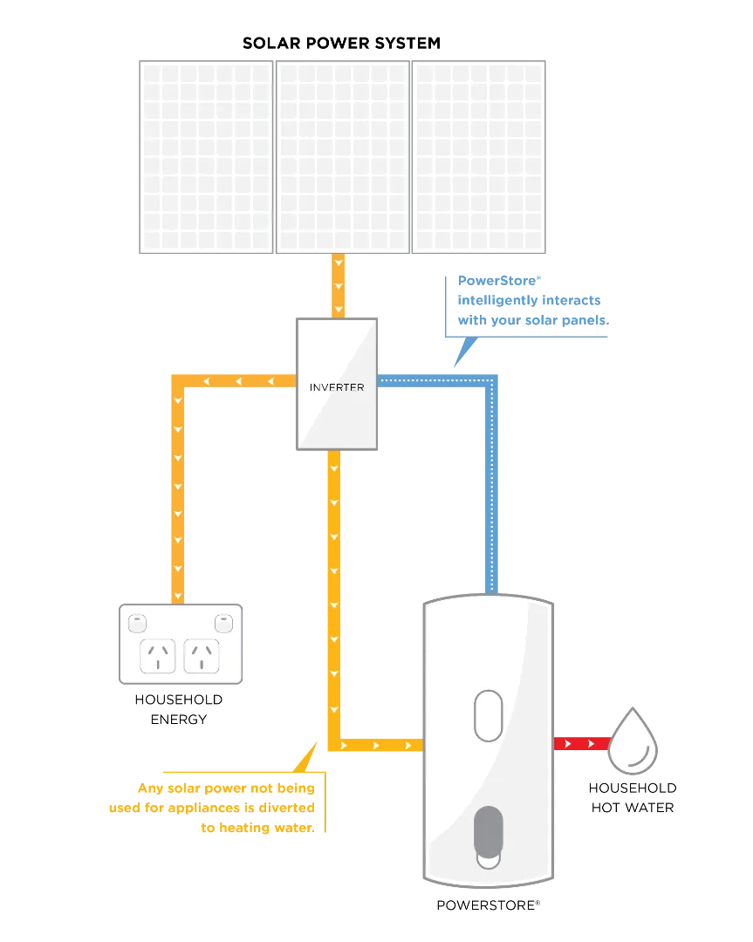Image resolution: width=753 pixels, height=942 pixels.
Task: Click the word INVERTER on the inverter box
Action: pos(337,386)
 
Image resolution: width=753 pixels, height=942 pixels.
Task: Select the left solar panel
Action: pos(205,157)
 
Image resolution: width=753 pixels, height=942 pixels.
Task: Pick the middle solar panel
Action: pos(342,157)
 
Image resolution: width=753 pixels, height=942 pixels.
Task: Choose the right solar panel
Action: pos(479,157)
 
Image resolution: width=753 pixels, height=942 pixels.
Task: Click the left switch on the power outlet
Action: pos(137,624)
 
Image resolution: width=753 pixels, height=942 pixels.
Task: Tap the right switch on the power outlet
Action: pos(223,624)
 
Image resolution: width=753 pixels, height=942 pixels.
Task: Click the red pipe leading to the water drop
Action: pos(580,744)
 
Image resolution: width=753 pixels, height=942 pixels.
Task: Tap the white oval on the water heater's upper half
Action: pos(488,715)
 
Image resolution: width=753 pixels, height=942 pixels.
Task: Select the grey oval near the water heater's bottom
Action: pos(488,833)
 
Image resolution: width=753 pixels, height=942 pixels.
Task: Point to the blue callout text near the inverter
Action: pos(533,302)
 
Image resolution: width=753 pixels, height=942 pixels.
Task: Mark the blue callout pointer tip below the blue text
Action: pos(458,359)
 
